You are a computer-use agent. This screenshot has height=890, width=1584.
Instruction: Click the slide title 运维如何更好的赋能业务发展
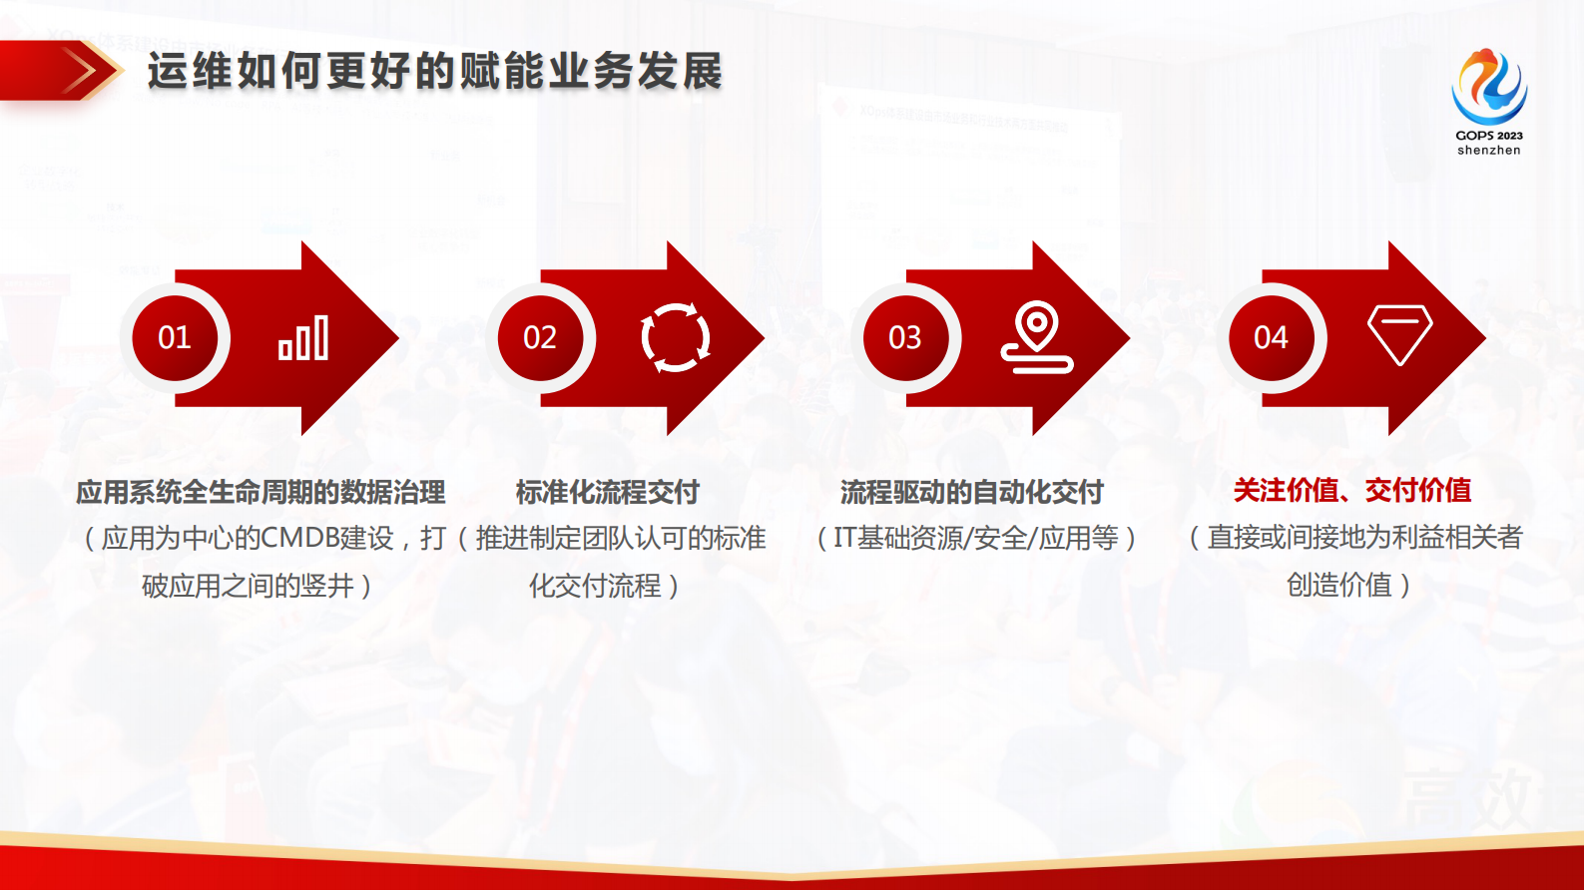[434, 72]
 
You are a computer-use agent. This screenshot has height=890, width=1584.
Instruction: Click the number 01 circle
[175, 338]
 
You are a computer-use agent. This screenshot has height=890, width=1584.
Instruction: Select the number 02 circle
[540, 338]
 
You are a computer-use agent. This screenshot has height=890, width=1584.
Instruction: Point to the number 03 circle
[905, 338]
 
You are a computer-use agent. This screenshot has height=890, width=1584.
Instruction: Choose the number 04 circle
[1271, 338]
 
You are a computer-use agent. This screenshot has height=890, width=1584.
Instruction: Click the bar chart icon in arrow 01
[303, 338]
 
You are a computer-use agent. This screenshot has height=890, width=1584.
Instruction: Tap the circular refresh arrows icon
[676, 337]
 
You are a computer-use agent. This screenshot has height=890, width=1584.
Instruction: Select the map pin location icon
[1037, 337]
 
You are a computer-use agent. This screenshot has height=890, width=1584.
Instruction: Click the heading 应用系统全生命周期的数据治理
[261, 492]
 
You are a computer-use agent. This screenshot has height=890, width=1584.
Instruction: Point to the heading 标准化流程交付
[607, 492]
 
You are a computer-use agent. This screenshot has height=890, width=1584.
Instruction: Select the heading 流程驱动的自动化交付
[971, 492]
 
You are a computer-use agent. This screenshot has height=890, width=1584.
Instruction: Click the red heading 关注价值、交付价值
[1352, 490]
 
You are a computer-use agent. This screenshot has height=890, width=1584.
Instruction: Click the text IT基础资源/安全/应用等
[975, 538]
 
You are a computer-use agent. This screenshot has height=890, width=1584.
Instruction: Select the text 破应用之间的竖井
[248, 586]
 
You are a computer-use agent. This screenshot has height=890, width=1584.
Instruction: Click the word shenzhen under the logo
[1488, 151]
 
